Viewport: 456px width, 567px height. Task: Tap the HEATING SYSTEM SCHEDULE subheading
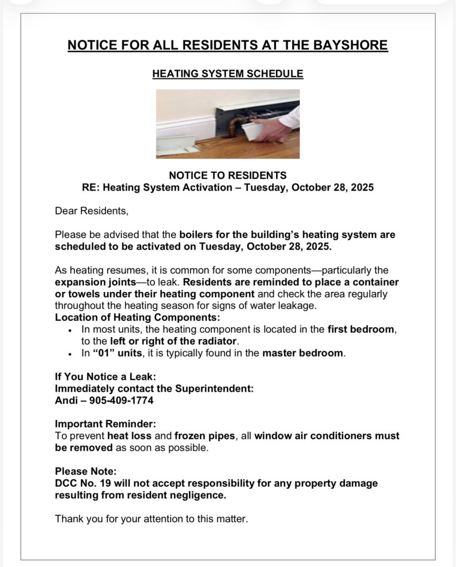228,73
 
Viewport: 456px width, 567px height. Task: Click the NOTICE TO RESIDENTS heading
228,176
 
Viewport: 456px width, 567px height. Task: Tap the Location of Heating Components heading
137,318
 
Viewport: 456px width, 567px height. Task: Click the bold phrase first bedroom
361,329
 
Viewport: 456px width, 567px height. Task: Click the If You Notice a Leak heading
101,377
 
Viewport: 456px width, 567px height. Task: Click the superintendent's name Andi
65,400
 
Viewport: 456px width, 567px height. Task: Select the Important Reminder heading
98,424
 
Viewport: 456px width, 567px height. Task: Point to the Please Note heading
86,471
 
